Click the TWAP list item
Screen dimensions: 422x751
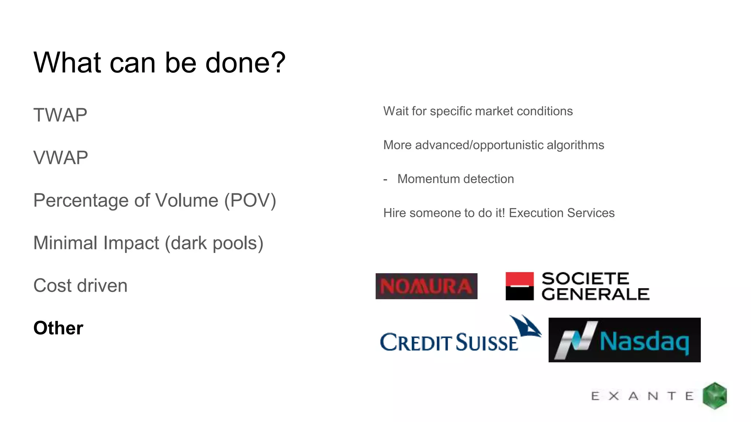[x=60, y=115]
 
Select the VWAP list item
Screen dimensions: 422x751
[x=61, y=158]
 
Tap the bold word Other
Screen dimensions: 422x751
[x=58, y=328]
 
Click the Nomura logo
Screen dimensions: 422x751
[x=426, y=286]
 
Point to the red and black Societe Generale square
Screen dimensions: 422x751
[x=519, y=286]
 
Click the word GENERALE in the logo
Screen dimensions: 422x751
[x=595, y=294]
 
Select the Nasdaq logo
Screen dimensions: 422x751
[x=624, y=340]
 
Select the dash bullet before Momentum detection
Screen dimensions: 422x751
[x=385, y=179]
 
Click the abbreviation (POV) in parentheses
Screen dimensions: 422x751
[x=250, y=200]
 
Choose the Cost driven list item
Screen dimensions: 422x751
[x=80, y=285]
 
